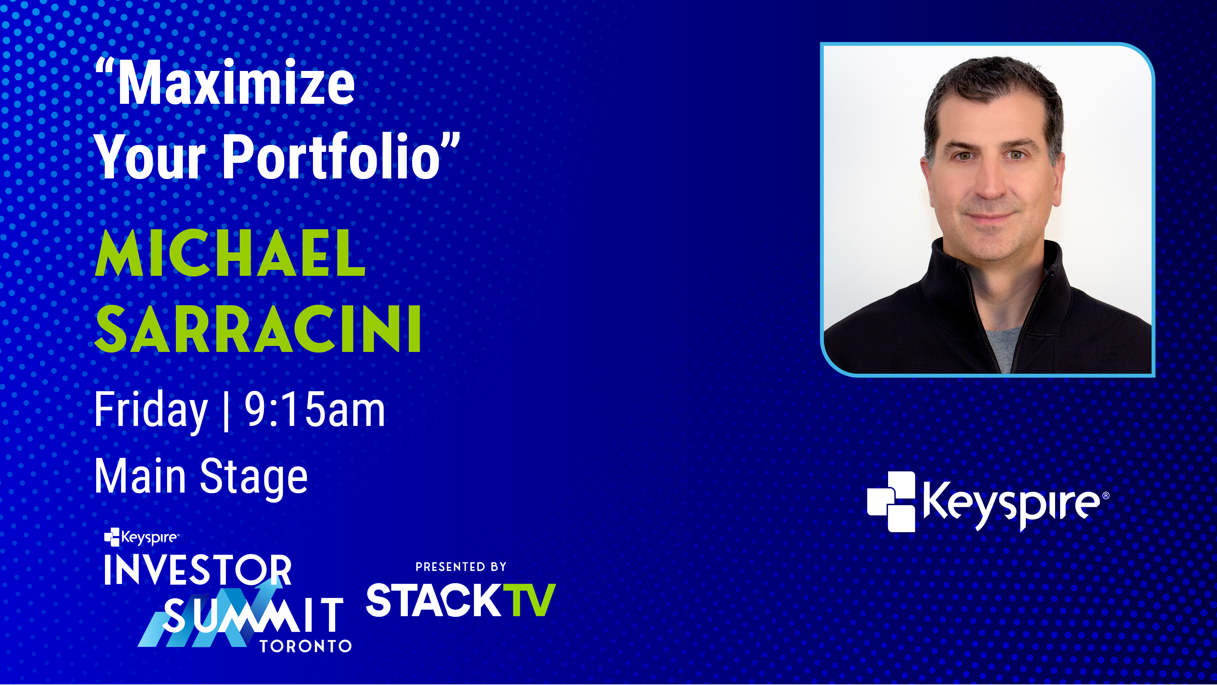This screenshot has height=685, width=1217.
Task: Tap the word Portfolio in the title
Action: click(332, 156)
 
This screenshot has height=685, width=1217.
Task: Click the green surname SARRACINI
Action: click(258, 328)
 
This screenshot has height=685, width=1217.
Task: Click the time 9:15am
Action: click(315, 410)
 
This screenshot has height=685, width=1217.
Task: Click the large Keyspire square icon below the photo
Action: click(891, 502)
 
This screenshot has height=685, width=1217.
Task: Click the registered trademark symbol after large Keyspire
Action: click(1106, 495)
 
